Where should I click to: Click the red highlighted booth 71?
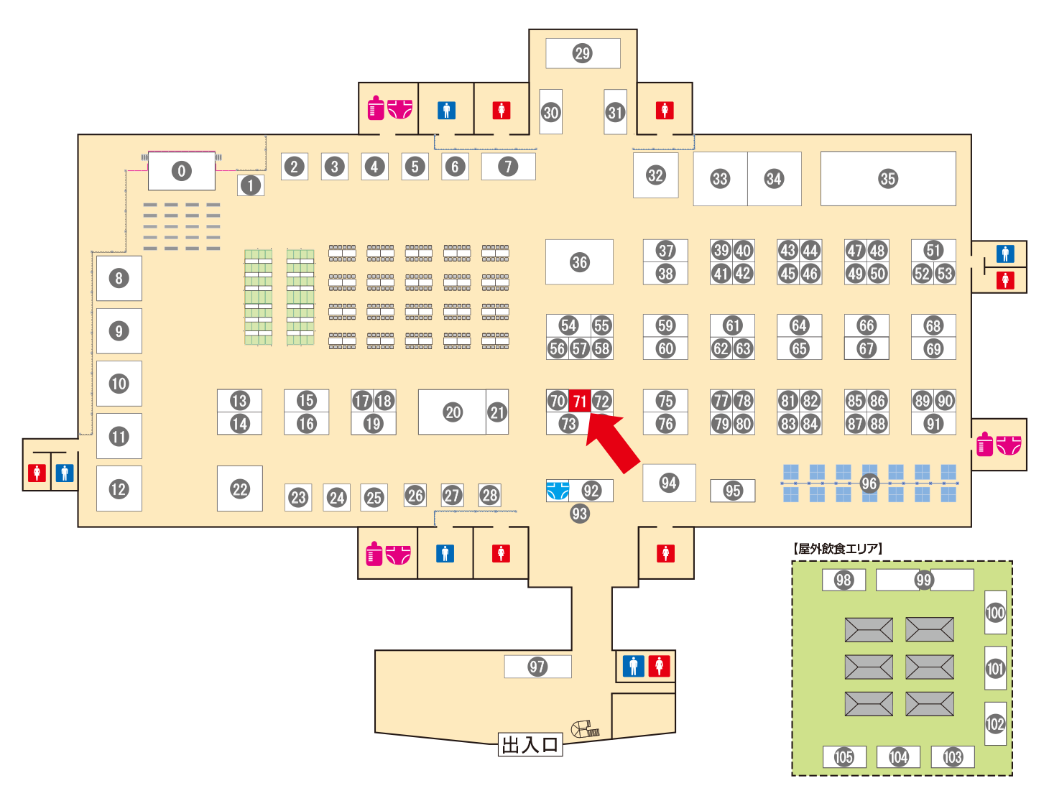[x=579, y=400]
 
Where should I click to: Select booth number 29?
[x=583, y=53]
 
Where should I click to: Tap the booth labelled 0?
[x=181, y=170]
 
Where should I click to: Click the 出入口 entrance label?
[x=530, y=744]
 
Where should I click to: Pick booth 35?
[x=887, y=179]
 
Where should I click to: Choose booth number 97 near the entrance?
[x=537, y=667]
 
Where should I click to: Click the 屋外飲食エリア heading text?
[x=838, y=548]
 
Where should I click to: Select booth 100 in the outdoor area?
[x=995, y=612]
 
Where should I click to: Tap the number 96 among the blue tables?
[x=869, y=483]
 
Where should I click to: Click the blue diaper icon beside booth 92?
[x=558, y=491]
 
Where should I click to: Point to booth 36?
[x=579, y=261]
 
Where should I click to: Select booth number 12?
[x=119, y=489]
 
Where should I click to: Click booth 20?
[x=452, y=412]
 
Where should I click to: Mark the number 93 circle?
[x=579, y=514]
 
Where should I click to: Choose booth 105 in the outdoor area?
[x=844, y=756]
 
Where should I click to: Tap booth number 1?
[x=251, y=185]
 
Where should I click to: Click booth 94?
[x=669, y=483]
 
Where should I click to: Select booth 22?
[x=239, y=489]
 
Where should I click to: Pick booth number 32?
[x=655, y=175]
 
